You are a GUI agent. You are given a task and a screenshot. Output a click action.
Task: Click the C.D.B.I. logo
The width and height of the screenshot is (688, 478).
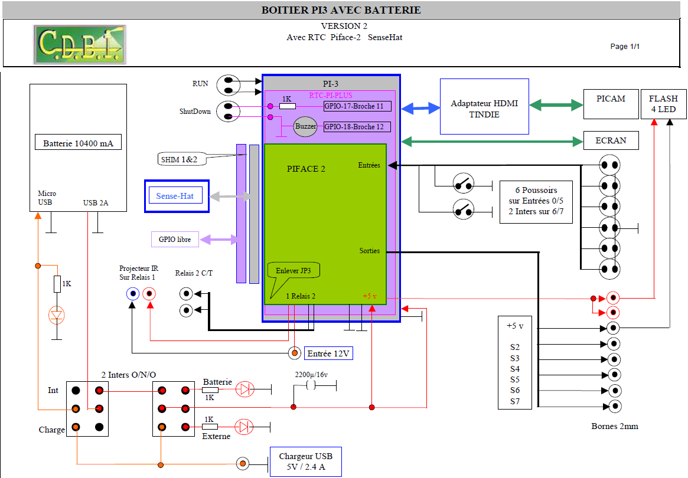[79, 44]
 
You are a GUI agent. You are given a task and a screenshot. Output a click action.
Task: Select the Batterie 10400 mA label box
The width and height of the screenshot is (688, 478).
[78, 143]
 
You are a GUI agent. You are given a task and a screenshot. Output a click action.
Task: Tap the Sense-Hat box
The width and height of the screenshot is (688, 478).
[177, 196]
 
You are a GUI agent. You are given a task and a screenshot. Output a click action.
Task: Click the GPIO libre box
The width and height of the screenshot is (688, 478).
[175, 240]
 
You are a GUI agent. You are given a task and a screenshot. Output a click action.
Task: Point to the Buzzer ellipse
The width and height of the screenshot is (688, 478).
[305, 127]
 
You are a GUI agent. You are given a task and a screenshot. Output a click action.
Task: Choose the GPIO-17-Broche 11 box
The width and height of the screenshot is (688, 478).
[357, 106]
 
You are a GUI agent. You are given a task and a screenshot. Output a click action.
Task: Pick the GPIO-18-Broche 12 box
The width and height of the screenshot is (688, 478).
[357, 127]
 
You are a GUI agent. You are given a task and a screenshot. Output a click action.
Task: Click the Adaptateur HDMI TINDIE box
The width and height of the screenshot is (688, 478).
[484, 107]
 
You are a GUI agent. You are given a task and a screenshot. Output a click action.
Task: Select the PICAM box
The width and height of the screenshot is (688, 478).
[611, 104]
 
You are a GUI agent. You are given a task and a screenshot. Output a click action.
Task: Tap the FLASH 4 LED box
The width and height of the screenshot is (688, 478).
[663, 104]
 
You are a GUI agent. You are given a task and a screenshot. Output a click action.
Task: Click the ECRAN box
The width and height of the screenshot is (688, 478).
[611, 140]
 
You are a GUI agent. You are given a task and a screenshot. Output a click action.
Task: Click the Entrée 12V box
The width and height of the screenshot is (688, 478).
[328, 353]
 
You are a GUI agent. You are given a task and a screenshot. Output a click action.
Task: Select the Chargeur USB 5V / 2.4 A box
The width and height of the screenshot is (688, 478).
[305, 462]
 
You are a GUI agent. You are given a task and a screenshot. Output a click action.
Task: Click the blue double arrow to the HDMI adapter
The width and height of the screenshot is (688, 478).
[420, 108]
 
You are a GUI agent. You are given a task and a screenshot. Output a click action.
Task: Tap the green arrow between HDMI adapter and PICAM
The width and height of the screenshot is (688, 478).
[556, 105]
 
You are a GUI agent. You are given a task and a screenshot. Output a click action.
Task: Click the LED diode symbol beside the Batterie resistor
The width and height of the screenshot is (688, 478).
[244, 389]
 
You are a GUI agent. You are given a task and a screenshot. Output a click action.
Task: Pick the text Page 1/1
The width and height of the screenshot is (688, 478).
[625, 47]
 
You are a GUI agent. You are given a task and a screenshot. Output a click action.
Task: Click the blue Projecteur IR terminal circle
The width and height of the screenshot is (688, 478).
[132, 294]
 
